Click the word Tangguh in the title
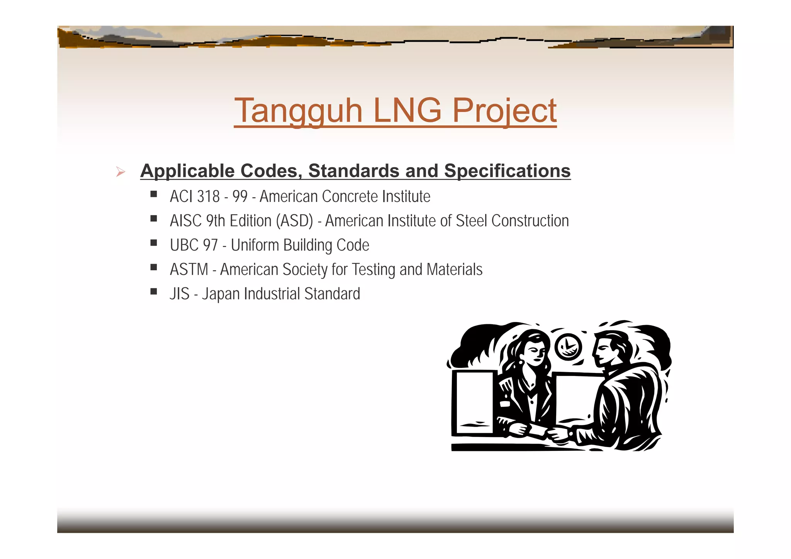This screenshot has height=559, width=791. coord(298,111)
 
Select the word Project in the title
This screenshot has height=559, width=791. coord(504,111)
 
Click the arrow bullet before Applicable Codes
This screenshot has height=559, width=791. coord(121,172)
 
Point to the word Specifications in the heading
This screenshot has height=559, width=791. coord(507,171)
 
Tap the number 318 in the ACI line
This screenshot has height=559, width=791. coord(208,196)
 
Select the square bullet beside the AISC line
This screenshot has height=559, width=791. coord(154,219)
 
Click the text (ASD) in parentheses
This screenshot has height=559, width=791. coord(294,221)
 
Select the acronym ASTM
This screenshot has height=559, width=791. coord(189,269)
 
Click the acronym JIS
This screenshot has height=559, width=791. coord(179,294)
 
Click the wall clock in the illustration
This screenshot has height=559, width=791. coord(568,347)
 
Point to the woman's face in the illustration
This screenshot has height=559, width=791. coord(536,353)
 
